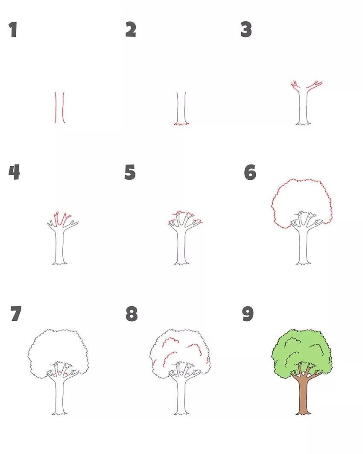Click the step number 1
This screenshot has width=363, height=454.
13,30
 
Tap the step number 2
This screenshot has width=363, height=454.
131,30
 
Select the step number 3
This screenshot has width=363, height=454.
246,30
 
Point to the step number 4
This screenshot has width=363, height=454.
14,172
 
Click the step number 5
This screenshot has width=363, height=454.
130,172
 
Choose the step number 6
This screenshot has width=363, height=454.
250,172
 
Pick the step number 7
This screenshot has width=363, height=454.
15,314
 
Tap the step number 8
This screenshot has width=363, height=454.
132,314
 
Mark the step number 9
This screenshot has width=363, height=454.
248,314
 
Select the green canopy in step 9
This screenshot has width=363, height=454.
302,346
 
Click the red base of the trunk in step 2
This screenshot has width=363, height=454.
181,124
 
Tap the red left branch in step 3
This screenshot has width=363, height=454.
294,85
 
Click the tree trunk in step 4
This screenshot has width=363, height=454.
60,248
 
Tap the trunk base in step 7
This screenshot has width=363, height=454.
60,413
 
